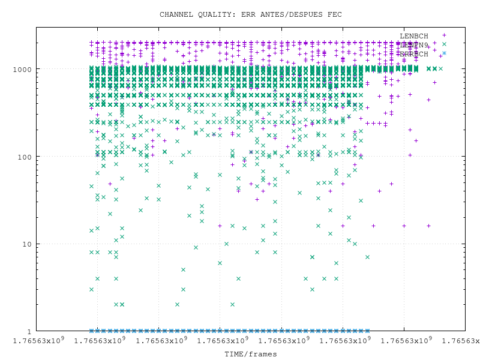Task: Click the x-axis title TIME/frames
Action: tap(251, 354)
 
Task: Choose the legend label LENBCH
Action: tap(414, 36)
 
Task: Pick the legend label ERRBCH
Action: tap(414, 54)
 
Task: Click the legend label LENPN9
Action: tap(414, 45)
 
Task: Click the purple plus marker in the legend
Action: tap(444, 35)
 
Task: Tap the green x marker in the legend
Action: tap(444, 44)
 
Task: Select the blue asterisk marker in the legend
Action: tap(444, 53)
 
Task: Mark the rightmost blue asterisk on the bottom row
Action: tap(367, 331)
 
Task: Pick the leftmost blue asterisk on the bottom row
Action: tap(91, 331)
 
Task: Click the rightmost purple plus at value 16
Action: tap(428, 226)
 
